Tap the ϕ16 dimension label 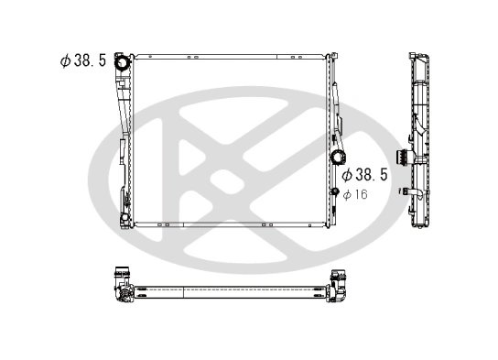coord(353,193)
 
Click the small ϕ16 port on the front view coord(335,191)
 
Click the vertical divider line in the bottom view coord(185,292)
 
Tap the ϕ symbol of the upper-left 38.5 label coord(65,60)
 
